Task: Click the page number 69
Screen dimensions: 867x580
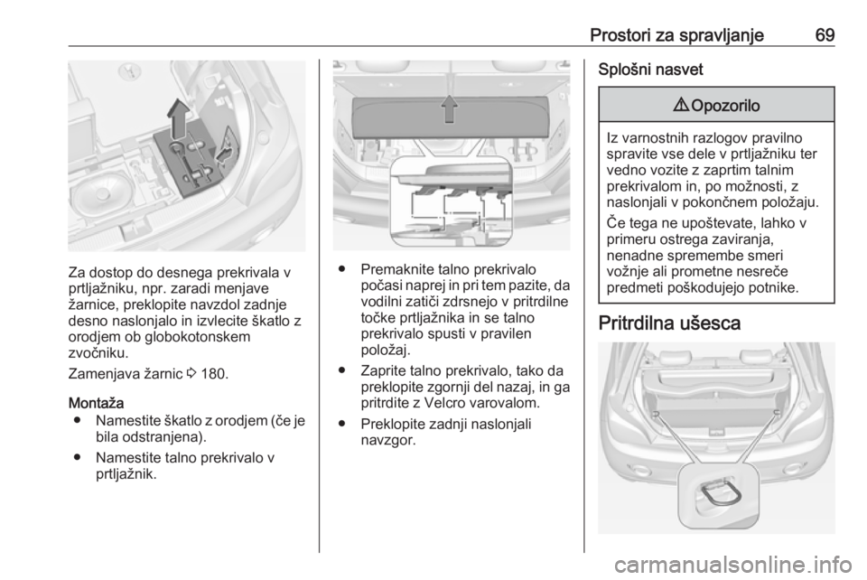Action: [x=825, y=35]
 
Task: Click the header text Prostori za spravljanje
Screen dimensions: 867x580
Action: [x=676, y=35]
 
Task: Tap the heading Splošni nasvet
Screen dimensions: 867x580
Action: [x=650, y=70]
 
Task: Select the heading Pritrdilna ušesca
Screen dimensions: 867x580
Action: [x=669, y=323]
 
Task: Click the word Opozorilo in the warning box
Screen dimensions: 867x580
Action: [x=725, y=105]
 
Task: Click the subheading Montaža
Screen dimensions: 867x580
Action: [x=96, y=403]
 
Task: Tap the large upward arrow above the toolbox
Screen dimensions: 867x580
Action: [x=178, y=119]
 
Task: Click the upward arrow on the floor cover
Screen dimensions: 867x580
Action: [x=450, y=109]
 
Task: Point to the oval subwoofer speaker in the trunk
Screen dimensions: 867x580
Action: [x=101, y=193]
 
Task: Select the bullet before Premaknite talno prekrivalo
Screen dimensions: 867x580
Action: [x=343, y=269]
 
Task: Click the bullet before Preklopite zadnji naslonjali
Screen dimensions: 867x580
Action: [x=343, y=424]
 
